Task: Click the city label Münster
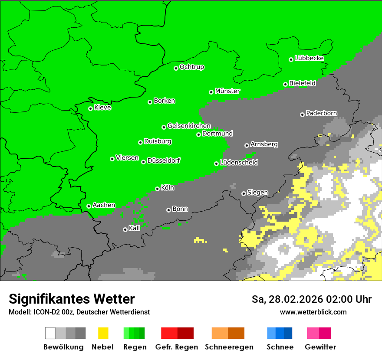click(227, 91)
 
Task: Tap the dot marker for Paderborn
click(302, 115)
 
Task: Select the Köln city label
click(168, 188)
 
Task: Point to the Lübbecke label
click(309, 58)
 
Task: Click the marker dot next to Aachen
click(89, 206)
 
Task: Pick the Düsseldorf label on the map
click(163, 160)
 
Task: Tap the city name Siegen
click(257, 193)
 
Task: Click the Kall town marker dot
click(125, 229)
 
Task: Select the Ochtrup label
click(192, 67)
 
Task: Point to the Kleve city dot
click(90, 108)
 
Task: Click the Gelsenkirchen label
click(189, 126)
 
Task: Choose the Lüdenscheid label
click(239, 163)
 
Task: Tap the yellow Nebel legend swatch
click(103, 333)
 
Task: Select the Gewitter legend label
click(320, 347)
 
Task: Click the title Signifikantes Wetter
click(72, 299)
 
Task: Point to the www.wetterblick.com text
click(313, 312)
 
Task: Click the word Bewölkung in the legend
click(63, 347)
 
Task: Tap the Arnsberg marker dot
click(247, 145)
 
